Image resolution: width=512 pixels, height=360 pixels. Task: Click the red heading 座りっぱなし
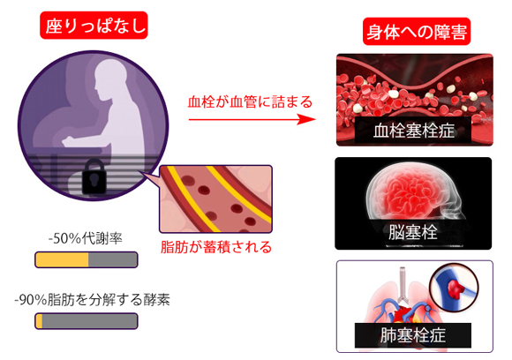click(94, 26)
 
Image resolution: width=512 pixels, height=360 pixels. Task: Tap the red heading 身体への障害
click(417, 32)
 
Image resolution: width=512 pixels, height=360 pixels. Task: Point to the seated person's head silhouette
click(109, 78)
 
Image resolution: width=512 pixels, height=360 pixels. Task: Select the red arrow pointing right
click(252, 119)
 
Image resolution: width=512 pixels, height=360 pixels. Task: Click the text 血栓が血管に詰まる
click(250, 101)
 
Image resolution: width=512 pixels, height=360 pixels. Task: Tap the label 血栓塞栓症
click(414, 131)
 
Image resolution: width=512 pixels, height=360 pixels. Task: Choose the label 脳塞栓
click(413, 232)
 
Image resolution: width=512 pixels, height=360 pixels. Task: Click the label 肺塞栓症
click(413, 335)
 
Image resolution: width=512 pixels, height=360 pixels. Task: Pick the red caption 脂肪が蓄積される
click(216, 247)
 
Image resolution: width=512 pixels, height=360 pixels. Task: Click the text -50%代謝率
click(86, 238)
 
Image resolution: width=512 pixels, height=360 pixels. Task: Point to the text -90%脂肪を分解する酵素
click(92, 300)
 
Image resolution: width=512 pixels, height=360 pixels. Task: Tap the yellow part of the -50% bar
click(62, 260)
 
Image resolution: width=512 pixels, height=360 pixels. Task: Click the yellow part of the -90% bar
click(39, 321)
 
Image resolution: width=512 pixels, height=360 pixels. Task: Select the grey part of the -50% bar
click(113, 260)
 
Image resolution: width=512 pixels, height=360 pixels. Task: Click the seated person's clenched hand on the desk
click(68, 141)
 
